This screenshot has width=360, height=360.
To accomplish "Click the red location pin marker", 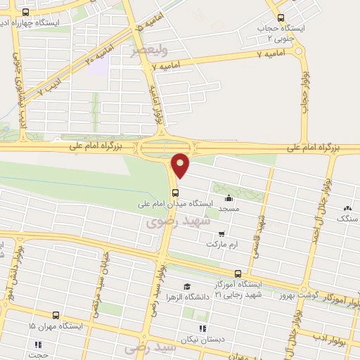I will click(x=181, y=165).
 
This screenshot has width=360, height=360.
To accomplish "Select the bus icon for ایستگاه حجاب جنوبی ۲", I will click(x=281, y=18).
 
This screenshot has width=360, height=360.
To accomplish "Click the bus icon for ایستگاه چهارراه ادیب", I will click(x=26, y=13).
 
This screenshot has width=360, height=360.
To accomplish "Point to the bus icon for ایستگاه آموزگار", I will click(x=238, y=274).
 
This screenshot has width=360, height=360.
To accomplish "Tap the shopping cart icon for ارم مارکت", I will click(x=222, y=234).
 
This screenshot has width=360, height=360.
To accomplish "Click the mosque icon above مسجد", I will click(x=230, y=199).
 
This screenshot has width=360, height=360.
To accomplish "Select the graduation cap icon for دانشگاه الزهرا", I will click(x=186, y=286).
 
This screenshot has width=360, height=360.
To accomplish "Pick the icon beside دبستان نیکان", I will click(x=202, y=328).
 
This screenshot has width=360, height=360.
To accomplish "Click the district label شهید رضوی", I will click(x=179, y=221).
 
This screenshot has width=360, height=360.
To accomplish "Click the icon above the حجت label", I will click(x=39, y=345).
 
